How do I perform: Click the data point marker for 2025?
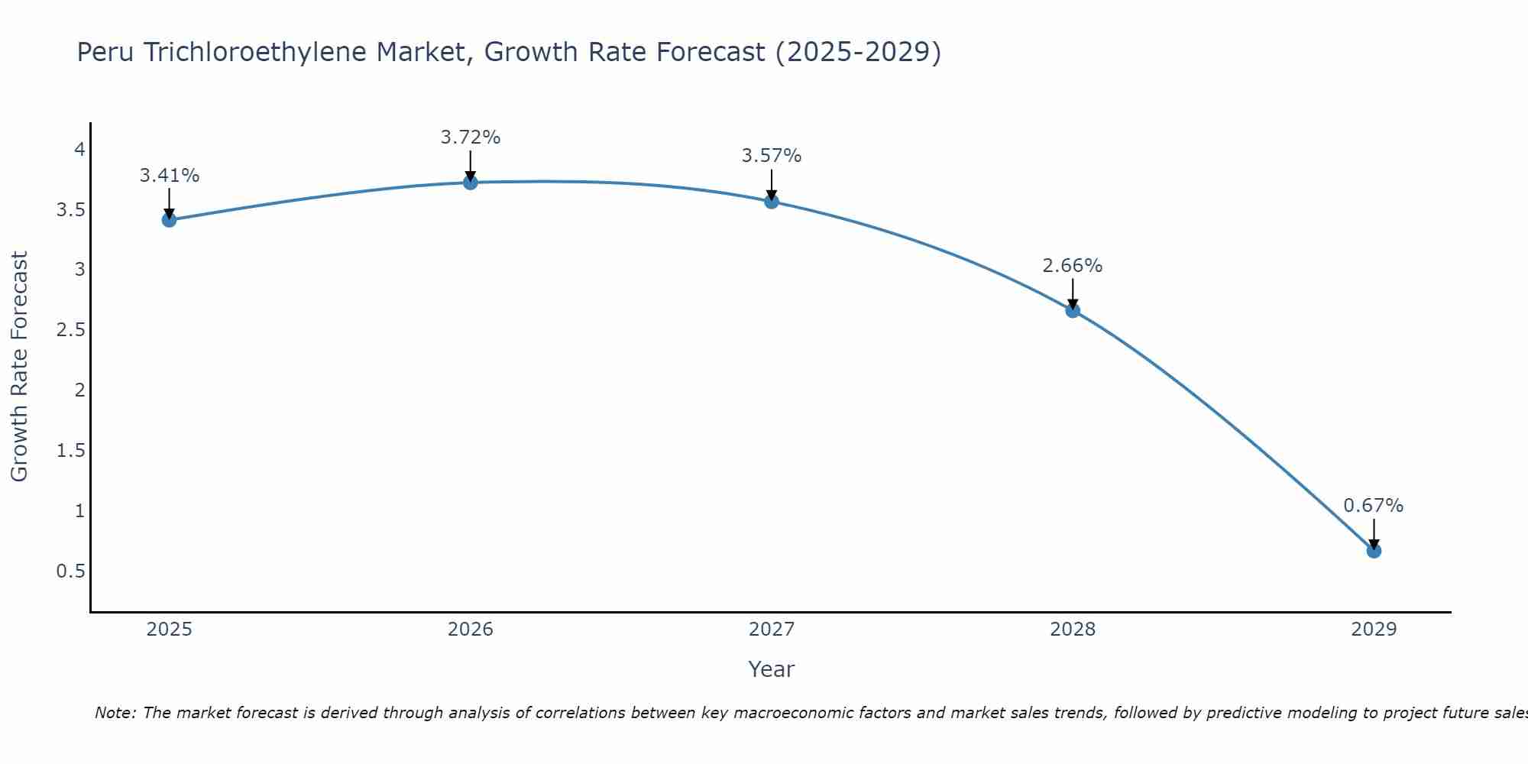click(x=169, y=220)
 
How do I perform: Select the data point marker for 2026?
click(x=471, y=182)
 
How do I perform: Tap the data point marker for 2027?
click(x=772, y=201)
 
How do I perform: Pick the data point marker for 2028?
click(x=1073, y=310)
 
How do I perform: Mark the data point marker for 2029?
click(x=1374, y=551)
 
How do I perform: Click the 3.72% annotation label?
click(x=471, y=138)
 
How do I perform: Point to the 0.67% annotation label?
click(x=1374, y=506)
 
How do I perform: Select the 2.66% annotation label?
click(x=1073, y=266)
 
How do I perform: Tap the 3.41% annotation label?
click(x=170, y=176)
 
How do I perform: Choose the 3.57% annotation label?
click(x=772, y=156)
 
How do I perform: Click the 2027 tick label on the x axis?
click(x=772, y=630)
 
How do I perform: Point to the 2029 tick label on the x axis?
click(x=1374, y=630)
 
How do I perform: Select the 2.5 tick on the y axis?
click(x=70, y=330)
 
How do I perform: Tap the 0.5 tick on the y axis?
click(x=70, y=571)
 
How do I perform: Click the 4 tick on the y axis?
click(x=79, y=149)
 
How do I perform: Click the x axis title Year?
click(x=772, y=669)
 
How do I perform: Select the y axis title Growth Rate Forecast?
click(x=19, y=367)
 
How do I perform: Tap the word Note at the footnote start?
click(x=115, y=713)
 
